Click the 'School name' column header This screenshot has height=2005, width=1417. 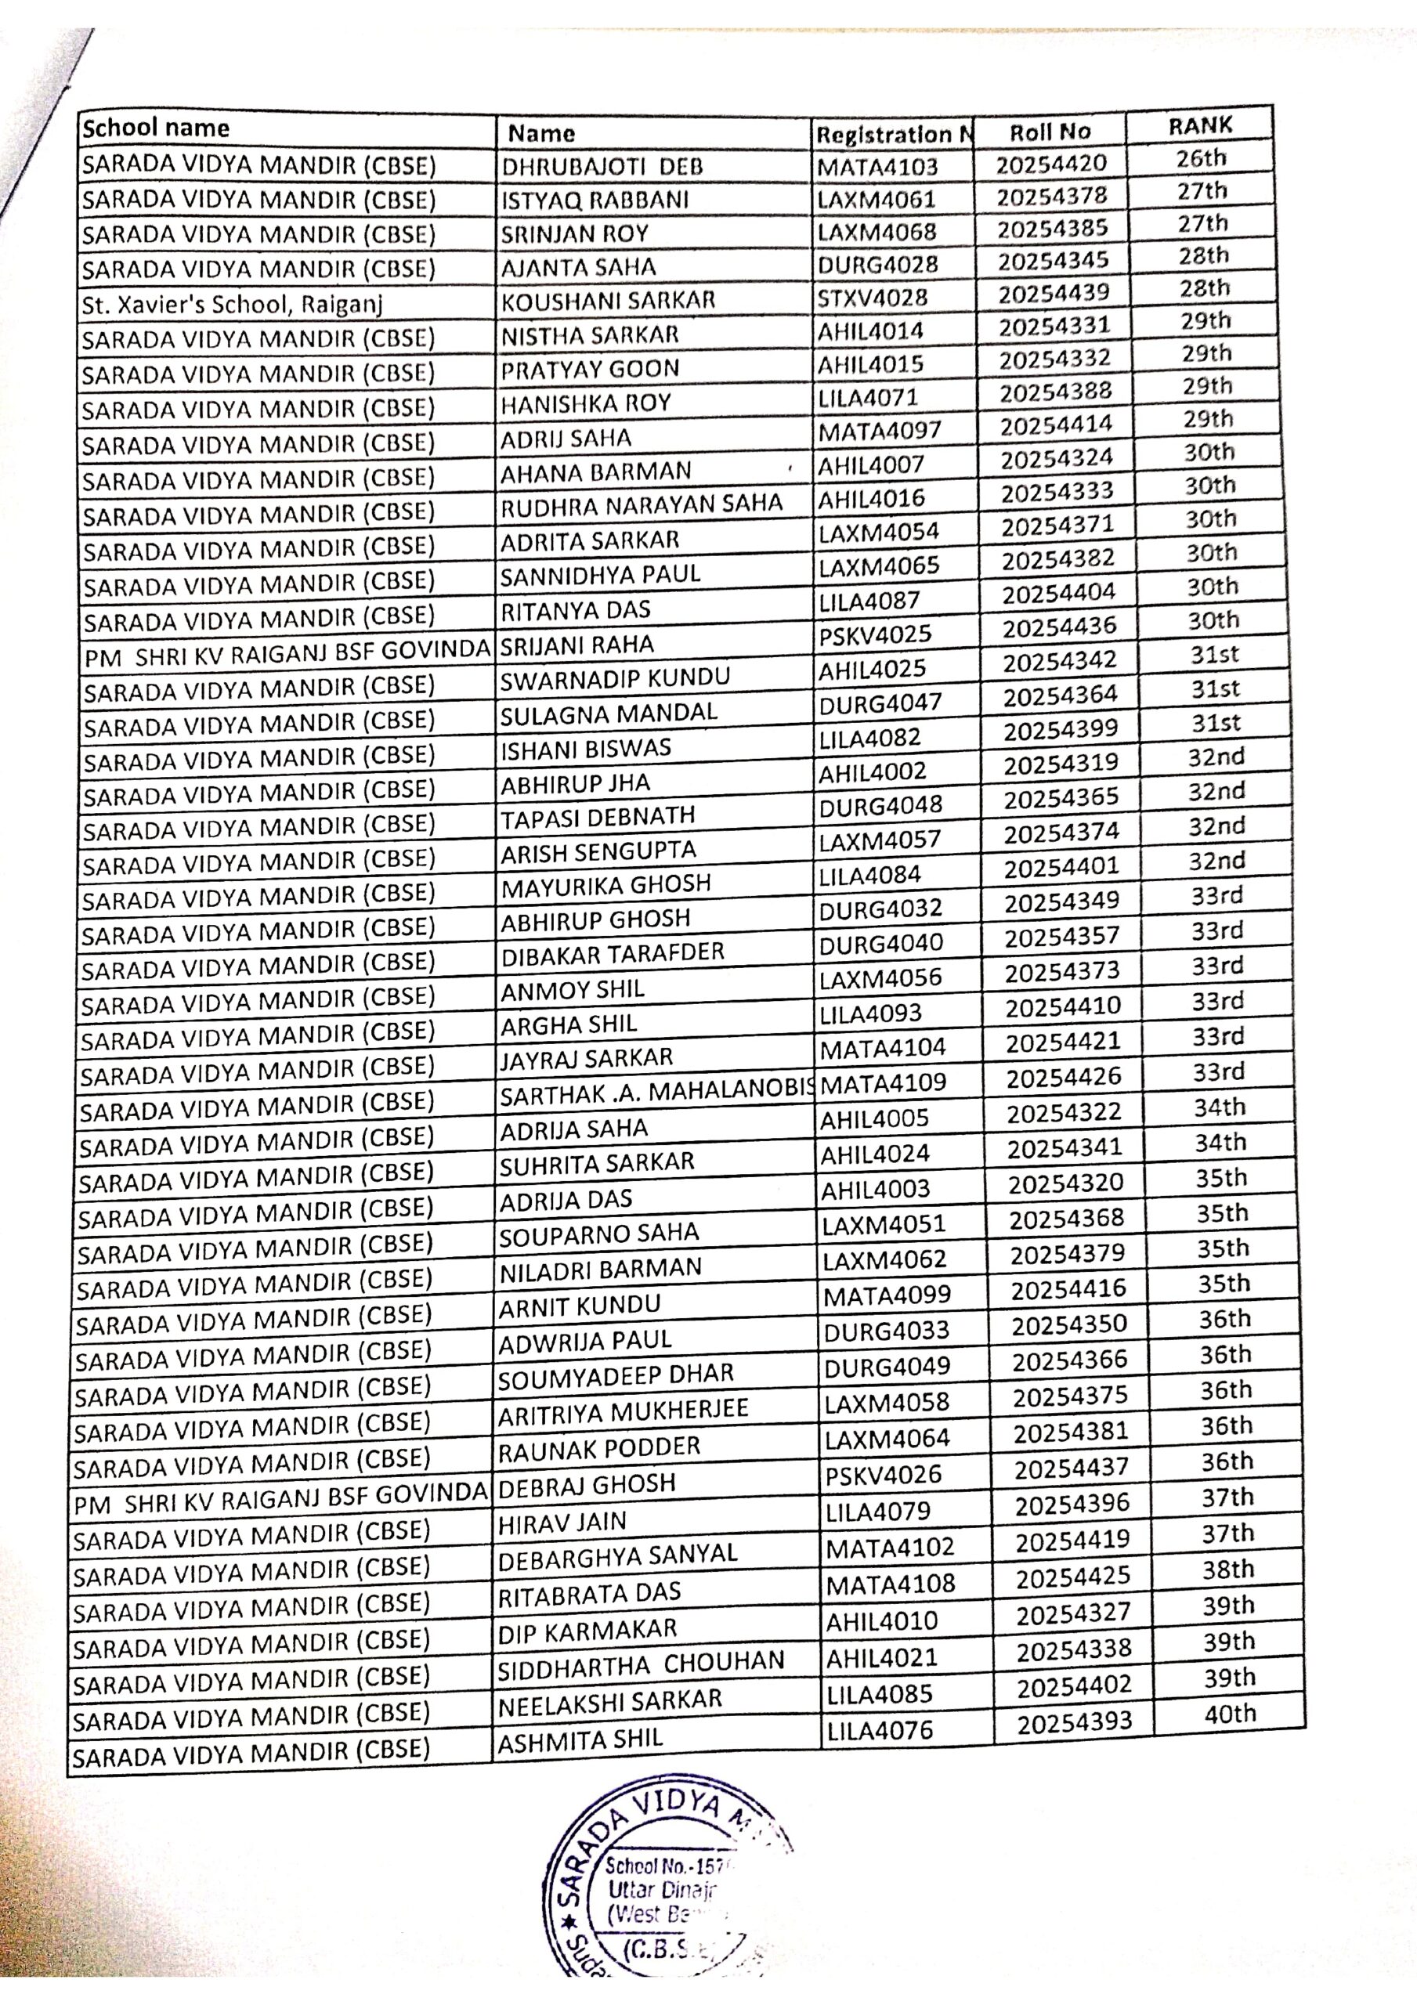[156, 128]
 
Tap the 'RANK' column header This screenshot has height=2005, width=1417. [1199, 126]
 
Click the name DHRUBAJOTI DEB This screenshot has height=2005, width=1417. [602, 166]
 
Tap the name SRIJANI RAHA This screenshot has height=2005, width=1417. [577, 645]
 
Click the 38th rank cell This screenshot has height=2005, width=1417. [1228, 1570]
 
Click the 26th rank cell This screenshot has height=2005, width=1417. [1202, 158]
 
